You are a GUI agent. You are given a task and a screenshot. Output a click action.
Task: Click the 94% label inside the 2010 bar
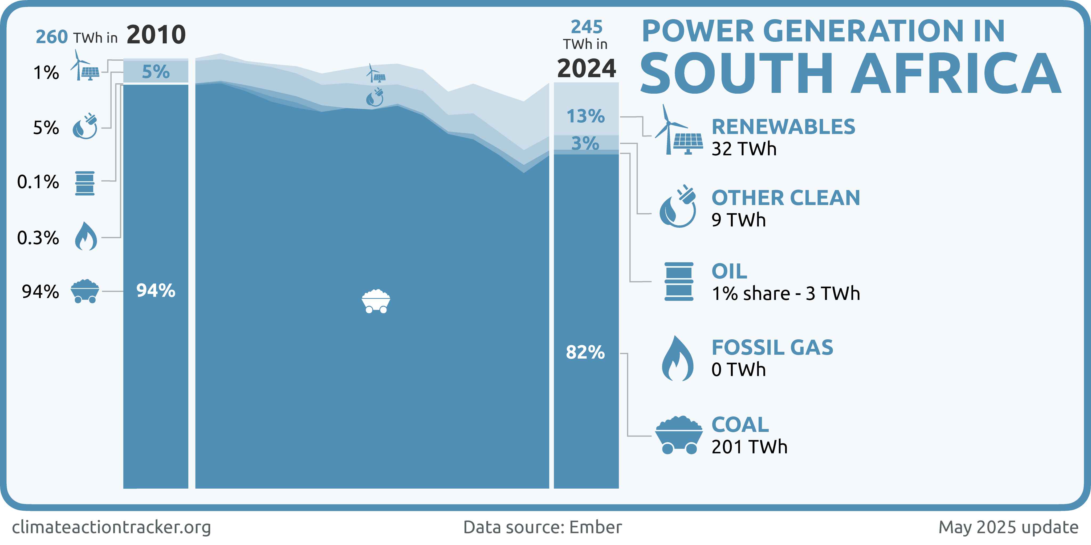point(156,291)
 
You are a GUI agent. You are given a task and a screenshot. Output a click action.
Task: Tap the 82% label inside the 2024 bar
point(585,352)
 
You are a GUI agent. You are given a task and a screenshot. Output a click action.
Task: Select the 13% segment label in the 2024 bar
point(585,116)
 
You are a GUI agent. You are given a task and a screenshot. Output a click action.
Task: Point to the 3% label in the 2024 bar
point(585,143)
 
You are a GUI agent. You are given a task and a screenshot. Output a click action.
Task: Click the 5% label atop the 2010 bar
point(156,72)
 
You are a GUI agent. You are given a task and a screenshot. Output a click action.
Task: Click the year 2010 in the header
point(156,34)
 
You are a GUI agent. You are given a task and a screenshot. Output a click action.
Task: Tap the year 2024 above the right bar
point(586,69)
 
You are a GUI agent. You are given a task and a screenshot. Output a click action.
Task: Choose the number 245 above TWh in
point(587,27)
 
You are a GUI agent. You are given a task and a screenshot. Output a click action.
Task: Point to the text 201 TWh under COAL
point(749,447)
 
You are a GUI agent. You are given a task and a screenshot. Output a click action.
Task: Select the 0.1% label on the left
point(38,182)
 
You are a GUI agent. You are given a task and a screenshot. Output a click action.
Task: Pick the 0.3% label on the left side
point(38,238)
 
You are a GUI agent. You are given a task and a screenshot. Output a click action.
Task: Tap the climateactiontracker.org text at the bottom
point(111,527)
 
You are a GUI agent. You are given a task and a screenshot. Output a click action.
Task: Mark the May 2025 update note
point(1008,527)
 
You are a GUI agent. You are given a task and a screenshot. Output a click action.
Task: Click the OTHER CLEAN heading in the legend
point(786,198)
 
